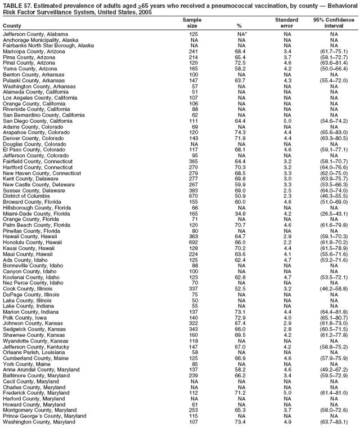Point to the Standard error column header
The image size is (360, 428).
(x=286, y=23)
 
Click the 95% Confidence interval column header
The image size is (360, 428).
(x=334, y=23)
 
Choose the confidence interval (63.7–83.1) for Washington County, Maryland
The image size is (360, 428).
(x=334, y=422)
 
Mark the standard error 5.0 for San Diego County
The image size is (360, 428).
(x=286, y=121)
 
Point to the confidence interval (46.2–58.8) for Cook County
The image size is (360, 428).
(x=334, y=288)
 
